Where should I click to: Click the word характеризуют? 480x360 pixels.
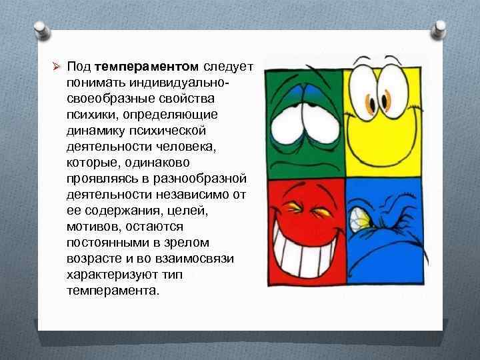point(109,275)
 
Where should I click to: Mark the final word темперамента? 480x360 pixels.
point(113,291)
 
